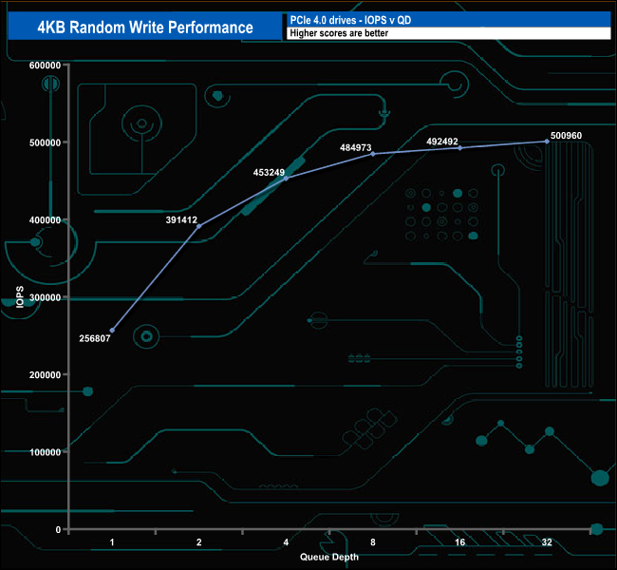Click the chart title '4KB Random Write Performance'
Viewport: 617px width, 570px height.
point(144,27)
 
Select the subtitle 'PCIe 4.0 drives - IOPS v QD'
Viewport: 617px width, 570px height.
point(348,19)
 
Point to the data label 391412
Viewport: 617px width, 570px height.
point(180,219)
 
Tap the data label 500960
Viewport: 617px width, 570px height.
point(565,136)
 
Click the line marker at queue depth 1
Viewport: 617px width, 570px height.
point(112,331)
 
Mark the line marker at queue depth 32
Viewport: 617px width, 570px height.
point(547,142)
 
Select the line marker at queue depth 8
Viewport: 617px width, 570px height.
point(373,153)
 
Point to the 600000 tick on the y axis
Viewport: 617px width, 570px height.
point(46,65)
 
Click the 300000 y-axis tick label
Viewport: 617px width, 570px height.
point(46,297)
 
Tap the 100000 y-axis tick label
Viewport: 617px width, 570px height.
point(46,452)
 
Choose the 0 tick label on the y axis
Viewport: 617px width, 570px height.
point(58,529)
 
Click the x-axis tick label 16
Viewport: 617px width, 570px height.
point(459,542)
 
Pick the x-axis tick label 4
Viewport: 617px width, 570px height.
point(286,542)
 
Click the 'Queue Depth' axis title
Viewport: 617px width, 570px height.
point(329,557)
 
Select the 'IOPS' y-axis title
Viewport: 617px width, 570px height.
point(20,297)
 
